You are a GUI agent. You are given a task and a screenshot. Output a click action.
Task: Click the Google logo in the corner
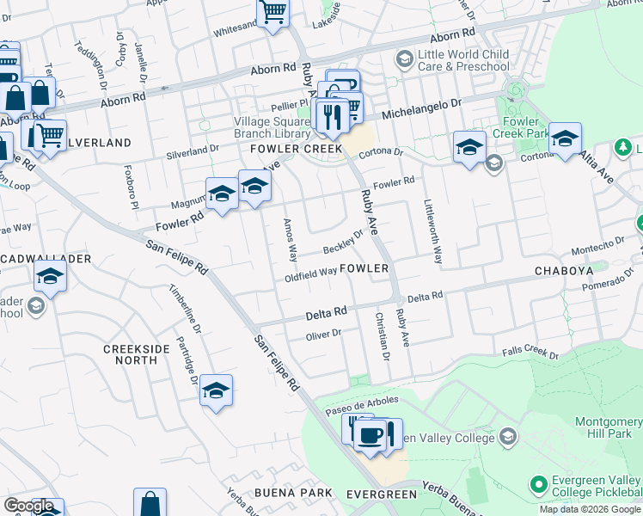click(28, 506)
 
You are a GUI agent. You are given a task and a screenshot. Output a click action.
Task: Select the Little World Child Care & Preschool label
click(462, 60)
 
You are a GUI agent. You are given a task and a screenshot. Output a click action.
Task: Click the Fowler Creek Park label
click(525, 128)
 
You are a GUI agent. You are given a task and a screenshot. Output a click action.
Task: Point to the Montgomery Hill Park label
click(608, 428)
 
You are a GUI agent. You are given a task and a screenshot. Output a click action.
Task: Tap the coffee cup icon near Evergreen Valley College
click(370, 436)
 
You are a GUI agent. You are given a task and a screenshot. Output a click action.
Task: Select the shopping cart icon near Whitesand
click(273, 13)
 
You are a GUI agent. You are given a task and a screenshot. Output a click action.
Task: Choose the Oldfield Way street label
click(311, 273)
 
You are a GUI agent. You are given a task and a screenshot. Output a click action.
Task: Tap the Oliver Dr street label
click(324, 334)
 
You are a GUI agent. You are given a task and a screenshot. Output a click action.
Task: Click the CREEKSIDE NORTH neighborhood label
click(132, 354)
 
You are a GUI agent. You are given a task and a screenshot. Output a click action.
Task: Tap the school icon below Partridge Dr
click(216, 391)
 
